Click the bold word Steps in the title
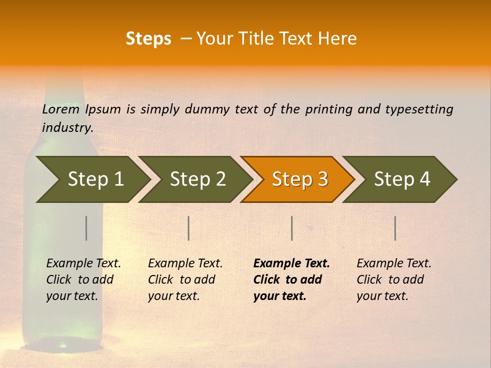click(x=148, y=39)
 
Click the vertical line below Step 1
click(x=86, y=228)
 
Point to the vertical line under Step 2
click(x=189, y=228)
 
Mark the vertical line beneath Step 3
click(x=292, y=228)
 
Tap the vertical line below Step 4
click(x=395, y=228)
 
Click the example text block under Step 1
click(x=83, y=280)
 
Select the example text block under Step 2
click(x=185, y=280)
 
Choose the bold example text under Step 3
click(x=291, y=280)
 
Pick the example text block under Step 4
click(x=394, y=280)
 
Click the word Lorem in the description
click(x=61, y=109)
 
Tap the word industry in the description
click(x=68, y=127)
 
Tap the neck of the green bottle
click(x=64, y=102)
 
